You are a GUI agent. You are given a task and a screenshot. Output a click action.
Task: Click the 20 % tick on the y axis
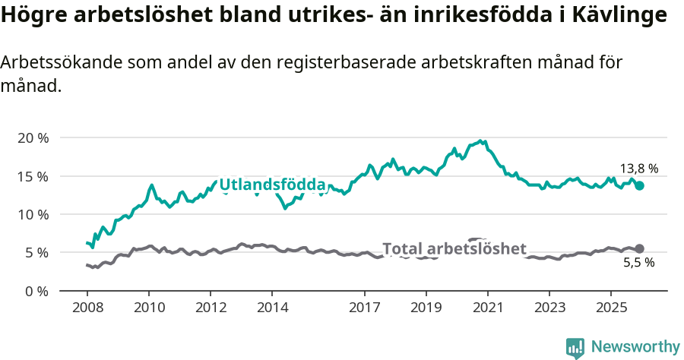click(x=33, y=138)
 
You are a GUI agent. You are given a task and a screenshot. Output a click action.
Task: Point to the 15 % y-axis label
click(x=33, y=176)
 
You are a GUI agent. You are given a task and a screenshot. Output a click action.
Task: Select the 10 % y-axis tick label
click(x=33, y=214)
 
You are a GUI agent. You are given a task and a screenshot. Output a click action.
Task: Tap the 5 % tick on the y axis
click(x=36, y=252)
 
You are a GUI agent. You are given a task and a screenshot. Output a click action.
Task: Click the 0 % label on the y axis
click(x=36, y=291)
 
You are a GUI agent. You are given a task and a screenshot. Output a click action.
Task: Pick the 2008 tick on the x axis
click(x=87, y=308)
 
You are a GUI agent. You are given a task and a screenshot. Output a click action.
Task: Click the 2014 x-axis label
click(x=272, y=308)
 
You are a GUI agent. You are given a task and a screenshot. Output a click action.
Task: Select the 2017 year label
click(x=364, y=308)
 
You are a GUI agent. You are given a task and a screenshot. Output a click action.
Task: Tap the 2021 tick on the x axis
click(x=487, y=308)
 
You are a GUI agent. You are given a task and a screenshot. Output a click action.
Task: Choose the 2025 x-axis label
click(x=610, y=308)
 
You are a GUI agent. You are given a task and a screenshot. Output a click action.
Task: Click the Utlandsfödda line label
click(x=272, y=185)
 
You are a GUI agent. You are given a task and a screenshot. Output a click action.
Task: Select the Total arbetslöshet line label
click(x=454, y=249)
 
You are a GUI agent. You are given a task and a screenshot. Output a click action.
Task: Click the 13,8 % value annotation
click(x=638, y=169)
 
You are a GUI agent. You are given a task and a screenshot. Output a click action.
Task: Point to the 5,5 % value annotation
click(x=638, y=263)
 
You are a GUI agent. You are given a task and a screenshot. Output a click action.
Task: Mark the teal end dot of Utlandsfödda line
click(x=639, y=185)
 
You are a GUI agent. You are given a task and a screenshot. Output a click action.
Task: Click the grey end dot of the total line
click(x=639, y=248)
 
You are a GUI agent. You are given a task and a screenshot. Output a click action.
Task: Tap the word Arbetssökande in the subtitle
click(x=53, y=63)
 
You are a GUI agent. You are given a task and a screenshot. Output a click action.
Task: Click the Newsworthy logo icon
click(x=575, y=348)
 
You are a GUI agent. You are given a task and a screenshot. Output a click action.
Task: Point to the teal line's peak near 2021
click(x=480, y=141)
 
